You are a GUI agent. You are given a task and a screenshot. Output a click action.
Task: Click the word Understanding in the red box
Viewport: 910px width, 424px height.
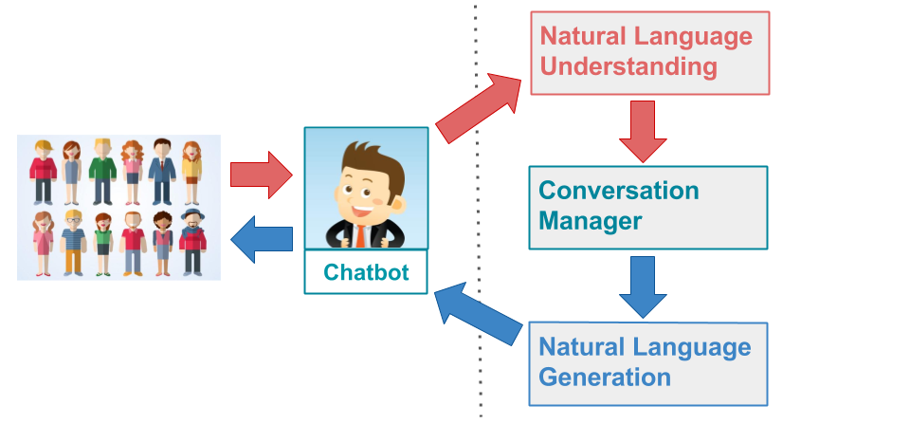tap(628, 67)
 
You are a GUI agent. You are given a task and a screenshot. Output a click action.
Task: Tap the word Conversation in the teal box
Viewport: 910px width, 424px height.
tap(618, 190)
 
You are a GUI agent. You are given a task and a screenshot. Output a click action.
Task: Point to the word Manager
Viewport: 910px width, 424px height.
tap(590, 222)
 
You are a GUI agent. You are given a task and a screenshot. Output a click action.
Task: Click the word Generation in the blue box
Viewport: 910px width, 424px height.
tap(605, 377)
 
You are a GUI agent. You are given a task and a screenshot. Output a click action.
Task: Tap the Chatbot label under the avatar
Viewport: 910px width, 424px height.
tap(366, 273)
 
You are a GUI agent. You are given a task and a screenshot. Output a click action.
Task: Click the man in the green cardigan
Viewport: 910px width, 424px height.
tap(101, 171)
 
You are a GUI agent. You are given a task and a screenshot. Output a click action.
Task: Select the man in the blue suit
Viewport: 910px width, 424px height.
tap(162, 171)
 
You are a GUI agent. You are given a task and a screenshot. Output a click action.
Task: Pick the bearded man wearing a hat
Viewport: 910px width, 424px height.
tap(192, 242)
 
